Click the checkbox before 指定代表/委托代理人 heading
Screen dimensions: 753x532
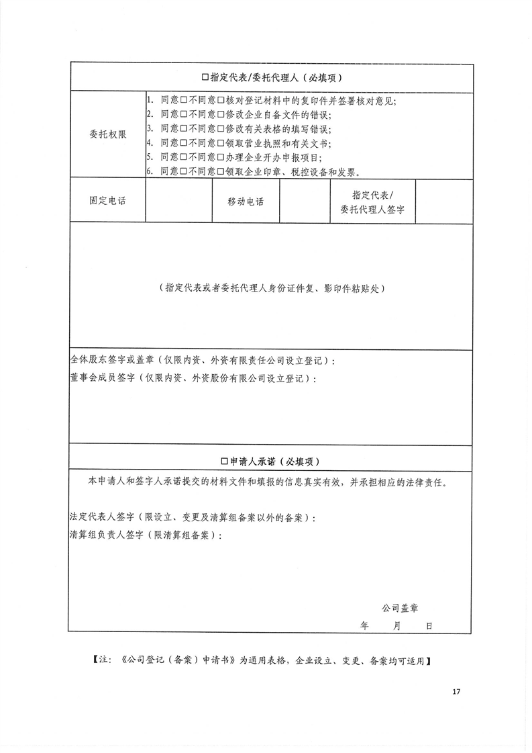pos(205,78)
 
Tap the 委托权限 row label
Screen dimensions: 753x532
pos(107,134)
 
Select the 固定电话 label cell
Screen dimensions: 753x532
pos(107,201)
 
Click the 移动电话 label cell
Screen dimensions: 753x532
pos(246,202)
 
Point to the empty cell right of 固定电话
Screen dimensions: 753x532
pos(178,201)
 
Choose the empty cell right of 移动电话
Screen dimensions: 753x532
pos(304,201)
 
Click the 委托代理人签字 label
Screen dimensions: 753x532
pos(372,202)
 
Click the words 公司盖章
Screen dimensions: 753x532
pos(400,607)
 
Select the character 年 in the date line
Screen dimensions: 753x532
pos(364,625)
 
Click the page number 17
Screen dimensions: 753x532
pos(457,691)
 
